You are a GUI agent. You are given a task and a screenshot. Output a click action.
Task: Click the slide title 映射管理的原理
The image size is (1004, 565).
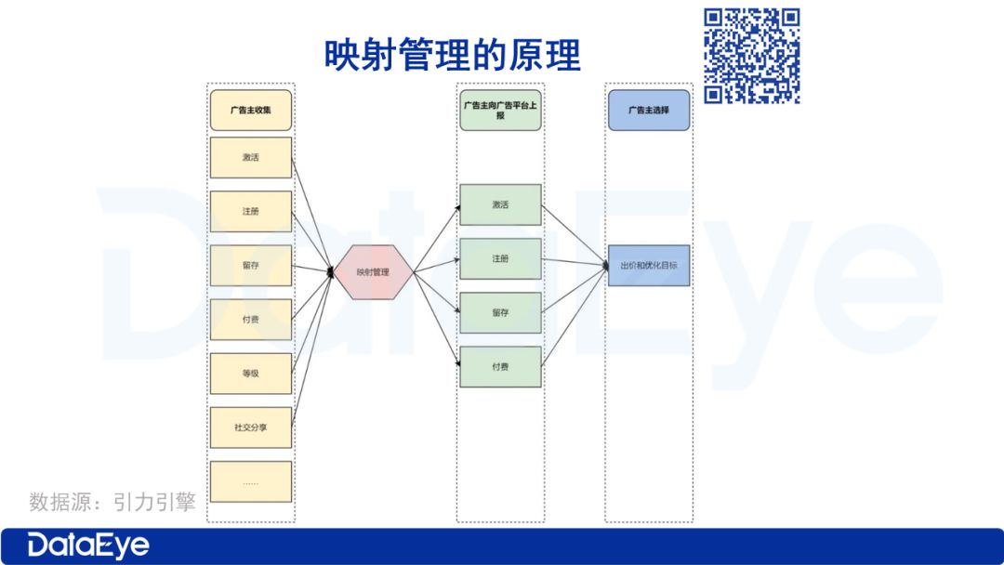coord(452,55)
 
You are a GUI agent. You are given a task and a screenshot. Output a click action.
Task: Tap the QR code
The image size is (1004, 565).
coord(751,56)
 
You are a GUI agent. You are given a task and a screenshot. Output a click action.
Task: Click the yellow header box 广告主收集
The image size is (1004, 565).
coord(250,110)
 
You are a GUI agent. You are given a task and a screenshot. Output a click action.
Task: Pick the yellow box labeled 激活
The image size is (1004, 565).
coord(250,157)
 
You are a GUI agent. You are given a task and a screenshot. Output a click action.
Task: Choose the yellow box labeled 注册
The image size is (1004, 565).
coord(250,212)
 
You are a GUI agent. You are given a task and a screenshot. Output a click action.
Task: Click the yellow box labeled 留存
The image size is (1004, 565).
coord(250,266)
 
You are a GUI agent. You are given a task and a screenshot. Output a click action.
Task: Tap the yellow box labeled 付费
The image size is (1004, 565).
coord(250,320)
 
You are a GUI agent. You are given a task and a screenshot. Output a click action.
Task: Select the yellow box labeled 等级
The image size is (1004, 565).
coord(250,374)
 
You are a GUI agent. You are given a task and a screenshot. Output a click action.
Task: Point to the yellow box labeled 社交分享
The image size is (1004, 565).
coord(250,427)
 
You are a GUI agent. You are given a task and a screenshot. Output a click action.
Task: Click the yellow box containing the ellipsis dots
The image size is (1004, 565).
coord(250,481)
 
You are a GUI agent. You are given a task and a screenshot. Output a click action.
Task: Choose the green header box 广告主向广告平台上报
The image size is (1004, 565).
coord(500,110)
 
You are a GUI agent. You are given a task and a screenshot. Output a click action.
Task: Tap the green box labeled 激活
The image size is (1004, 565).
coord(500,204)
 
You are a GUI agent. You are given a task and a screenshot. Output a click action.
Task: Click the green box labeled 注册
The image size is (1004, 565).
coord(500,258)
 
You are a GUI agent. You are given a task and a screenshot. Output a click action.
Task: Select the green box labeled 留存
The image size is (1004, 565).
coord(500,313)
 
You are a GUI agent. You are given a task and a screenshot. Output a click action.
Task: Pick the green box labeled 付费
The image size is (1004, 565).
coord(500,367)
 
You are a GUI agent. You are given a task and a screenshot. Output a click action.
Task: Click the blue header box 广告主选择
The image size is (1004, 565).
coord(648,110)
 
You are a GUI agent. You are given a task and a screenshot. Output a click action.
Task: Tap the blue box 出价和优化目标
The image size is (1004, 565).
coord(648,266)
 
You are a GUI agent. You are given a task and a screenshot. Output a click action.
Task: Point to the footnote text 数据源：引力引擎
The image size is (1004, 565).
coord(112,503)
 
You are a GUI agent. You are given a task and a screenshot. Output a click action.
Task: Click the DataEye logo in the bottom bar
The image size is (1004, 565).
coord(88,545)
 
